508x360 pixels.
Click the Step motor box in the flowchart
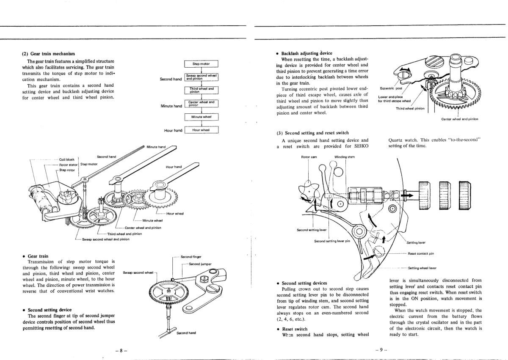tap(202, 64)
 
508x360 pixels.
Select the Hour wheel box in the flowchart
tap(202, 130)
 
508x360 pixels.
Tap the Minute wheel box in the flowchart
tap(202, 117)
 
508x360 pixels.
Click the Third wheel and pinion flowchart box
tap(202, 90)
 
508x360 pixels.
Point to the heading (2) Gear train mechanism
tap(48, 54)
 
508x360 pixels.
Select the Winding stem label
tap(344, 157)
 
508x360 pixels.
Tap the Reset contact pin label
tap(421, 253)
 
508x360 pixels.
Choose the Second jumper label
tap(200, 264)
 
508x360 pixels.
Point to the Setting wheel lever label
tap(422, 268)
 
